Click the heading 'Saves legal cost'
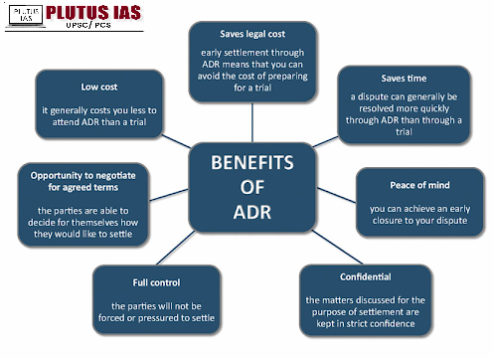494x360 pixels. point(252,34)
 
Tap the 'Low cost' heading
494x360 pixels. point(99,87)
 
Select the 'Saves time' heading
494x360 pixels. point(404,79)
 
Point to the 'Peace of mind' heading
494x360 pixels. point(419,185)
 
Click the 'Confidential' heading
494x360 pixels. point(366,276)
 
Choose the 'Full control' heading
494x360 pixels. point(156,282)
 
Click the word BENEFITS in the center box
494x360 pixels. point(252,162)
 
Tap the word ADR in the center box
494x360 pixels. point(252,212)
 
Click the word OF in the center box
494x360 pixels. point(252,187)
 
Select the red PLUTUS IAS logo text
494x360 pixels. point(93,13)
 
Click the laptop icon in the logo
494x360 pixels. point(25,16)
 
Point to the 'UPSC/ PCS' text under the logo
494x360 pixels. point(88,25)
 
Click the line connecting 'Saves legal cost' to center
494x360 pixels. point(252,122)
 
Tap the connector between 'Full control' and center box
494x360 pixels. point(176,248)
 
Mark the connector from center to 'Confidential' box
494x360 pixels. point(337,247)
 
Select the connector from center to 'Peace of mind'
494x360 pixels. point(337,195)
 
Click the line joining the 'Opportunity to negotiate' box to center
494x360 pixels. point(169,195)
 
